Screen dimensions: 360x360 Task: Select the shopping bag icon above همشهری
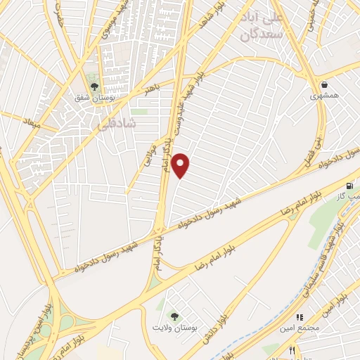tap(323, 84)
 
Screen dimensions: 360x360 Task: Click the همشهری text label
tap(323, 95)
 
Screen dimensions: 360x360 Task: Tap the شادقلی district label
tap(113, 124)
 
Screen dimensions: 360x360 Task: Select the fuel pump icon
tap(350, 186)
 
